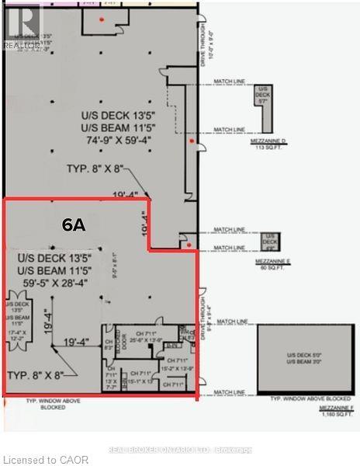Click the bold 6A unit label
pos(74,224)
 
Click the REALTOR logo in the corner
pos(21,26)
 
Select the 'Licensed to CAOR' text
pos(45,460)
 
